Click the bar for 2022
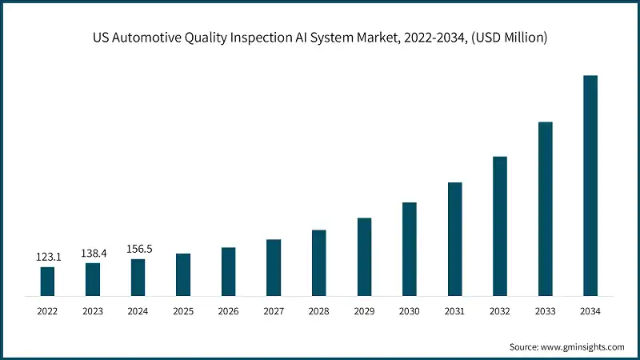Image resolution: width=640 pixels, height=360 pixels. click(47, 281)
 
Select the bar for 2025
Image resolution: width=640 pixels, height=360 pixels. click(183, 274)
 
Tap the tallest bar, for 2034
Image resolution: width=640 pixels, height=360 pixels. click(590, 186)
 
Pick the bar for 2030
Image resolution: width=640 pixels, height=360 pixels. click(410, 249)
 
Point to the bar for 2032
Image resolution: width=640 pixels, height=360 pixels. click(500, 226)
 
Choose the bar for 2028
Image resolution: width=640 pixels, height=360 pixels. click(319, 262)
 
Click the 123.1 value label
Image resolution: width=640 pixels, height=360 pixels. click(47, 257)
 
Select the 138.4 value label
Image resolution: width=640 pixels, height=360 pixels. click(93, 253)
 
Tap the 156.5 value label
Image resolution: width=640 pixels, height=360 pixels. click(138, 249)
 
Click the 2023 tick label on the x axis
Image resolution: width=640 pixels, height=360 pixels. click(93, 310)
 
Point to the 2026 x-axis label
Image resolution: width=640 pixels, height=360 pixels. click(229, 310)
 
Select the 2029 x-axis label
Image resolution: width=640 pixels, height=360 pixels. click(364, 310)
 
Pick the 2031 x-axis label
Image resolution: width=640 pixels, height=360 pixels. click(454, 310)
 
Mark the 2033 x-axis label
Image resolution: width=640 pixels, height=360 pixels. click(545, 310)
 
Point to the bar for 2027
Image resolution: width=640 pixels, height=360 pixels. click(274, 267)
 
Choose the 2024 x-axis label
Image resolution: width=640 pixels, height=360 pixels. click(138, 310)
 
